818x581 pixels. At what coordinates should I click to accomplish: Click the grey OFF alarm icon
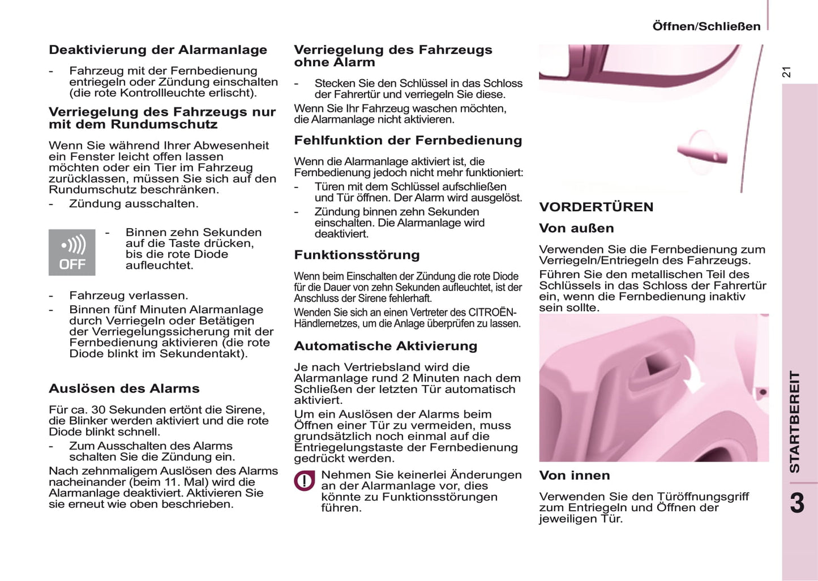[x=72, y=253]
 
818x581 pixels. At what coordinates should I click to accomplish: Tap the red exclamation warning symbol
[x=305, y=481]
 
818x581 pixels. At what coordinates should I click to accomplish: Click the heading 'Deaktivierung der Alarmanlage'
[x=158, y=50]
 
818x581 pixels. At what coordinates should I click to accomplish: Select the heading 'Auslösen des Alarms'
[x=124, y=388]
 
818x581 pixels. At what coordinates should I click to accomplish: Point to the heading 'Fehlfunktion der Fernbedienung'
[x=408, y=140]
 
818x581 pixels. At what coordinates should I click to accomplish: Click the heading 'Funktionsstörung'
[x=357, y=255]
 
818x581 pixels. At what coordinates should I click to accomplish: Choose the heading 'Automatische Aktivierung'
[x=386, y=346]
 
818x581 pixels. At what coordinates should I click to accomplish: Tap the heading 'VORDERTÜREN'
[x=596, y=207]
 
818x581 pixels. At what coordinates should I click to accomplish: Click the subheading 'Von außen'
[x=576, y=228]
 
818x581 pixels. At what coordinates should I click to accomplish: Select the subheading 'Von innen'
[x=575, y=476]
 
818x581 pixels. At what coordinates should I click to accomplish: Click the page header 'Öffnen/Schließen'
[x=706, y=27]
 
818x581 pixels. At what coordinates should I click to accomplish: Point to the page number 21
[x=786, y=72]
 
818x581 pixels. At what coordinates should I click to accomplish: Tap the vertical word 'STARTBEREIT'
[x=795, y=421]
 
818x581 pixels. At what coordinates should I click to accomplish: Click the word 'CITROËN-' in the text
[x=492, y=313]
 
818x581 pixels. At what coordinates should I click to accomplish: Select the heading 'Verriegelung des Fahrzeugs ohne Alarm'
[x=393, y=56]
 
